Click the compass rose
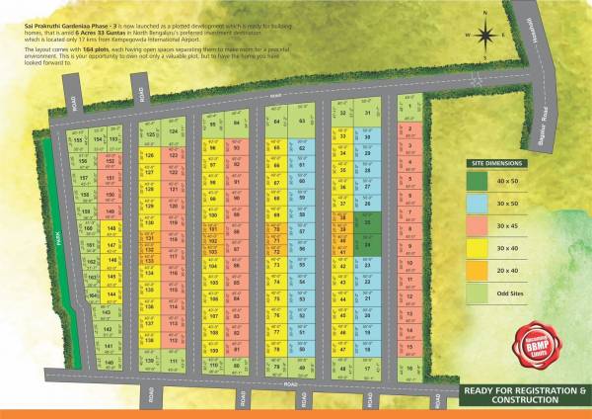(x=485, y=36)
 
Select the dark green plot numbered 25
(x=367, y=221)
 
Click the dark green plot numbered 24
(x=367, y=243)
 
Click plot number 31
(x=367, y=113)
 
